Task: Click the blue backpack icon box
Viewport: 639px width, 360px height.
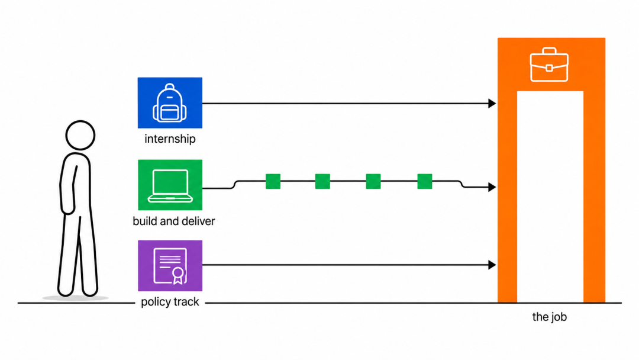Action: click(x=170, y=103)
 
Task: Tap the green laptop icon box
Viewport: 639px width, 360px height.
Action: click(x=170, y=185)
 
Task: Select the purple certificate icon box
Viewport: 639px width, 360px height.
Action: click(x=170, y=265)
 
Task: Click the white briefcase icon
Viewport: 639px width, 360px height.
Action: click(x=549, y=65)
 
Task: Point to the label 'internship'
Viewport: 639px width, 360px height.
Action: click(x=170, y=139)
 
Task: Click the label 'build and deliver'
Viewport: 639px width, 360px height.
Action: click(x=173, y=221)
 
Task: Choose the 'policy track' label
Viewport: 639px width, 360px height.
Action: click(x=170, y=302)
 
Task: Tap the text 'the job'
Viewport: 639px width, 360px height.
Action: click(x=549, y=317)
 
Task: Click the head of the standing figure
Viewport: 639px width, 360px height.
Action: click(x=80, y=136)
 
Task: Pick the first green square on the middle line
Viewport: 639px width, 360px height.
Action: click(x=273, y=181)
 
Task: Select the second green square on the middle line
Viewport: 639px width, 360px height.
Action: click(x=323, y=181)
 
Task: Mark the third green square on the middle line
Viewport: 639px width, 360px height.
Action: click(x=373, y=181)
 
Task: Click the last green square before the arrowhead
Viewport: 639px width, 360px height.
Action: click(x=425, y=181)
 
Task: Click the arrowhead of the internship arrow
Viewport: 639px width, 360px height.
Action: click(x=492, y=104)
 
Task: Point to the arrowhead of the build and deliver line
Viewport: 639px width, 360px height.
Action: click(x=492, y=187)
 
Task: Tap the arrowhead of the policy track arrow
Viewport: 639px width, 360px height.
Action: click(x=492, y=265)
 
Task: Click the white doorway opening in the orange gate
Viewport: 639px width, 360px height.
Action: click(x=550, y=197)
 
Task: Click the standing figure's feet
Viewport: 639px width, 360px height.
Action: click(x=78, y=291)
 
